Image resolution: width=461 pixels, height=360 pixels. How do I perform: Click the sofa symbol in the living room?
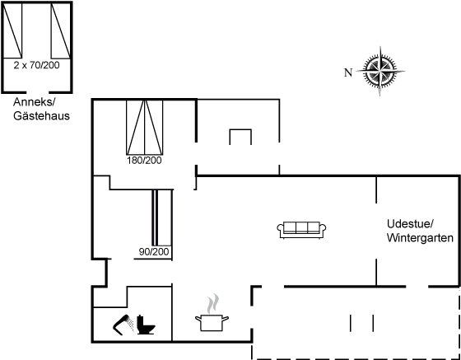[301, 230]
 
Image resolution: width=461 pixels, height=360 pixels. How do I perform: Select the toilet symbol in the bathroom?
[146, 325]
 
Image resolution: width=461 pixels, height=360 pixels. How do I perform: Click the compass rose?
[380, 71]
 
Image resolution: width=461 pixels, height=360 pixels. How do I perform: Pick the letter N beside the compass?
[348, 72]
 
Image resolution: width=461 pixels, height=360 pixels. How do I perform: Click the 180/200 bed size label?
[144, 161]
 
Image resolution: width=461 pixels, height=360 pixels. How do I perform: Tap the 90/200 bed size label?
[154, 252]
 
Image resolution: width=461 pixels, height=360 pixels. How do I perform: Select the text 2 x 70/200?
[36, 65]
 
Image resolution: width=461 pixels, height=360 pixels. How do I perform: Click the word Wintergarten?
[420, 237]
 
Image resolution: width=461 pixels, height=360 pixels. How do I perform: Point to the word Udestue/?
[410, 224]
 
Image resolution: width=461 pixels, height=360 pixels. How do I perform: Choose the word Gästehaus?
[41, 116]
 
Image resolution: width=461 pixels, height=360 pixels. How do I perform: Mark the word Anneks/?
[35, 102]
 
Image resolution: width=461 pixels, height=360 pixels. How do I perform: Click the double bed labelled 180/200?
[144, 127]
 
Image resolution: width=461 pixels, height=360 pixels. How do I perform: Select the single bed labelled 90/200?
[161, 217]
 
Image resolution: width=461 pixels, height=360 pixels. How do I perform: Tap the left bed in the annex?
[12, 30]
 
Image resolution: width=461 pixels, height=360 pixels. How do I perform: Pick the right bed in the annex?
[61, 30]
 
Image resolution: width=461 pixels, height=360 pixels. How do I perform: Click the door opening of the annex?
[37, 92]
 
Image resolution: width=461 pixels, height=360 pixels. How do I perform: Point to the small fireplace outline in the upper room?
[240, 137]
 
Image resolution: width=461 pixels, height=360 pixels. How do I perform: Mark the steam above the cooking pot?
[213, 303]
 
